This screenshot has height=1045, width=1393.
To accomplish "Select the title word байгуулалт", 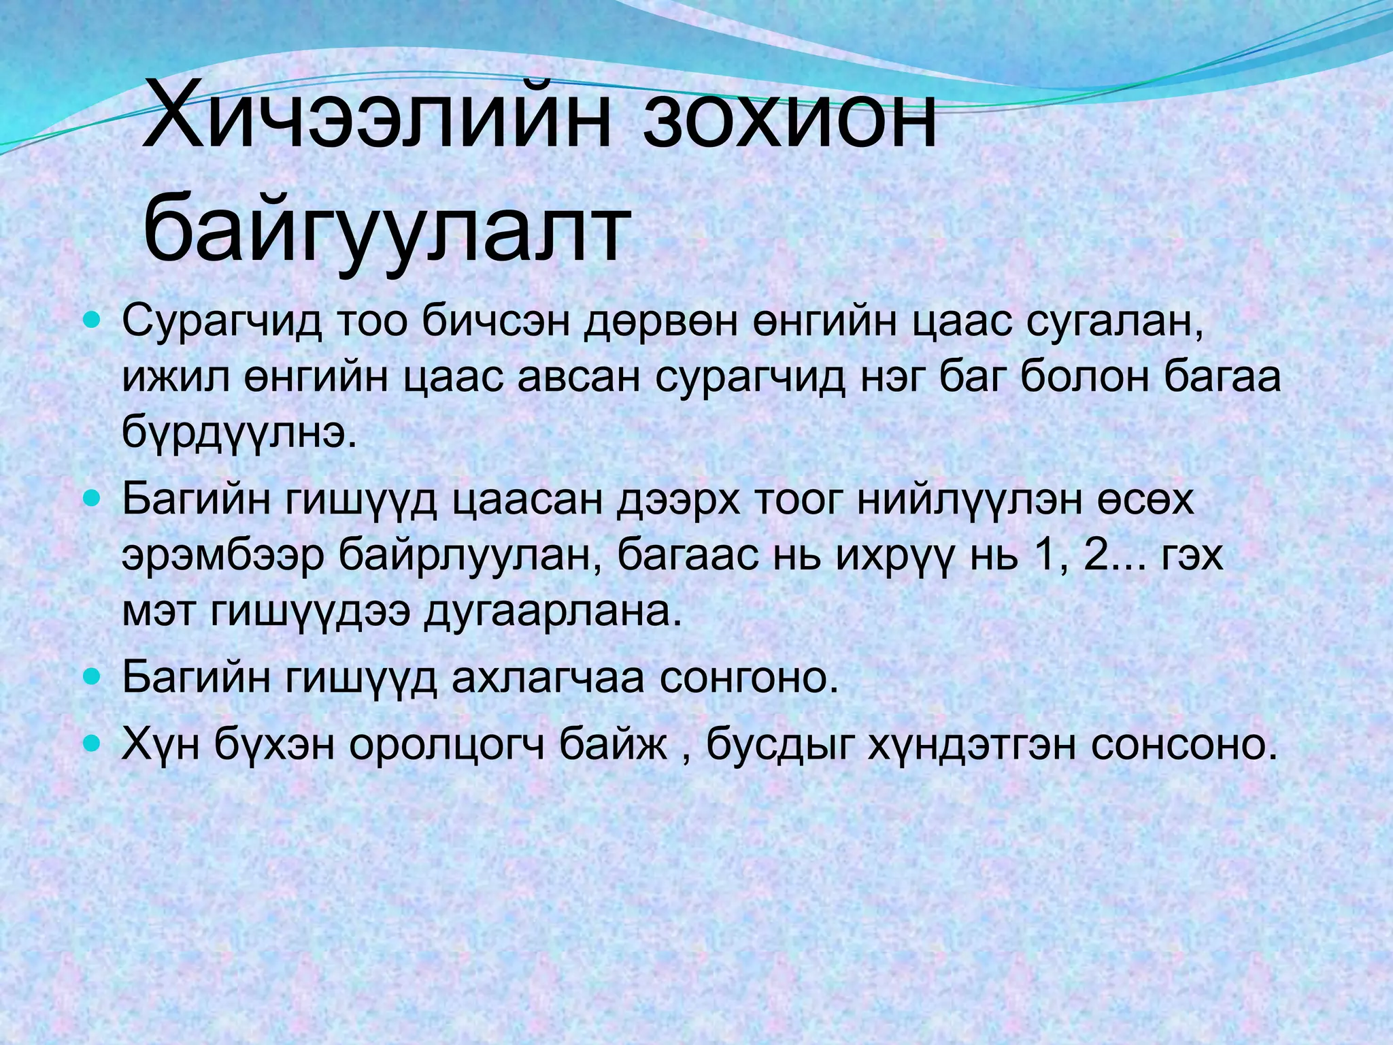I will (x=384, y=228).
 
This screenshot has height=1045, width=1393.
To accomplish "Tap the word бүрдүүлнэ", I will (x=239, y=433).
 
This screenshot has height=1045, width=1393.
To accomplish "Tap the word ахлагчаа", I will (x=548, y=678).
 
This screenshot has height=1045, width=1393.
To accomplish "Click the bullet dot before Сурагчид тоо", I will (x=92, y=318).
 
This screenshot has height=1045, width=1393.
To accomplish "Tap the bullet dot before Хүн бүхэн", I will (x=92, y=742).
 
